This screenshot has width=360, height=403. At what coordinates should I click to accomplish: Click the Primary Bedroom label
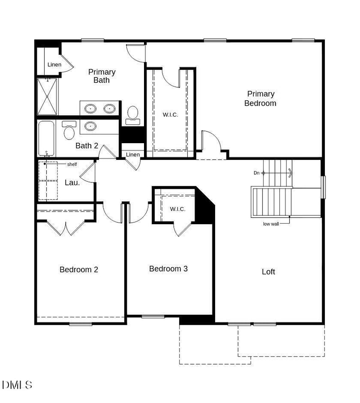tap(260, 99)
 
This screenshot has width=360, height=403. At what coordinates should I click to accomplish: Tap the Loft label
tap(268, 272)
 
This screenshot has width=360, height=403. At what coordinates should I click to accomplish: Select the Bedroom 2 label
tap(79, 270)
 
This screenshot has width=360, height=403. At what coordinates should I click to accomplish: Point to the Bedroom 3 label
tap(168, 269)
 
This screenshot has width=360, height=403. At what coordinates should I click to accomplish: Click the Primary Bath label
tap(102, 76)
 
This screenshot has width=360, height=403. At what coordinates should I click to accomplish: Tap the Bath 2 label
tap(86, 145)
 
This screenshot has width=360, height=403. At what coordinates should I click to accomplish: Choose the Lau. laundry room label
tap(72, 182)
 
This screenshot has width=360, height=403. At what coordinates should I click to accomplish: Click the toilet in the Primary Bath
tap(133, 114)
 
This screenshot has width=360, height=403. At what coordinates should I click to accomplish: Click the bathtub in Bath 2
tap(46, 138)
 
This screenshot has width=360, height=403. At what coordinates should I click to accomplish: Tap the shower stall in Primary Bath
tap(47, 97)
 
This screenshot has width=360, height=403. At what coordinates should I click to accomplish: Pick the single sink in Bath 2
tap(91, 126)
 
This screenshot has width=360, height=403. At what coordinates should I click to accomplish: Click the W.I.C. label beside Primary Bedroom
tap(170, 115)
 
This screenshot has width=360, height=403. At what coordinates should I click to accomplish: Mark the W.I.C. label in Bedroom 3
tap(177, 209)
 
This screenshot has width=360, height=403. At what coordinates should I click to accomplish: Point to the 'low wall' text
tap(271, 223)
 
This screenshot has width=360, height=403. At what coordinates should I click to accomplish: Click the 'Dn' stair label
tap(256, 173)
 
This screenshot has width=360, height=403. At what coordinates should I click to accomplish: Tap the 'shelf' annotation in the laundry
tap(72, 164)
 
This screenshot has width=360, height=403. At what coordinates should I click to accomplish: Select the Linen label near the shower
tap(54, 65)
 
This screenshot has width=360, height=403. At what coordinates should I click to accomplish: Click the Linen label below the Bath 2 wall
tap(133, 155)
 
